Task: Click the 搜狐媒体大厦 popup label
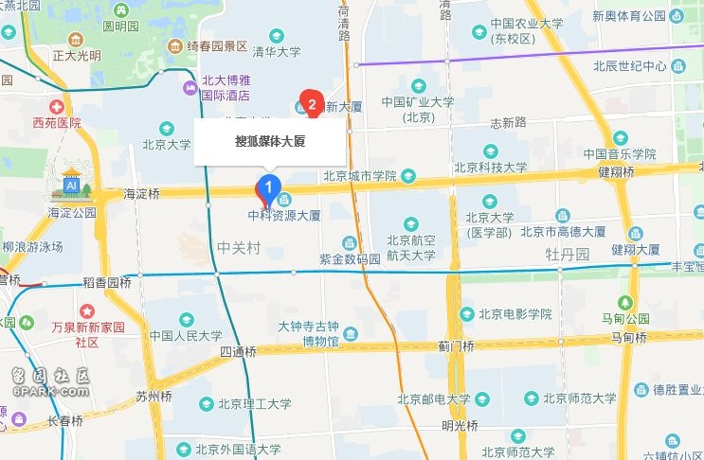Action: (x=275, y=142)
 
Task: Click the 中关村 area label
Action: (x=238, y=248)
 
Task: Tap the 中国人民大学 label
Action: (x=186, y=335)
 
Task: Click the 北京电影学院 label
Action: (x=514, y=314)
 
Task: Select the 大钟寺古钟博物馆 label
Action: (x=308, y=333)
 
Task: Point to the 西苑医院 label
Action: (x=57, y=122)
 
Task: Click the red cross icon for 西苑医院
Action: (x=57, y=106)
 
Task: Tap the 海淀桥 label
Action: (x=142, y=193)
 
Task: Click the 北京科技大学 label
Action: (x=490, y=168)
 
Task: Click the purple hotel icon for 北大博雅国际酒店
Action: (x=188, y=88)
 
